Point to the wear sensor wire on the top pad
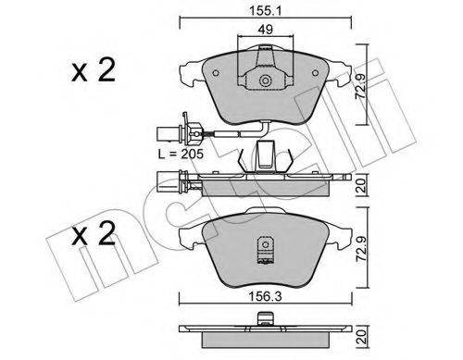click(x=222, y=138)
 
